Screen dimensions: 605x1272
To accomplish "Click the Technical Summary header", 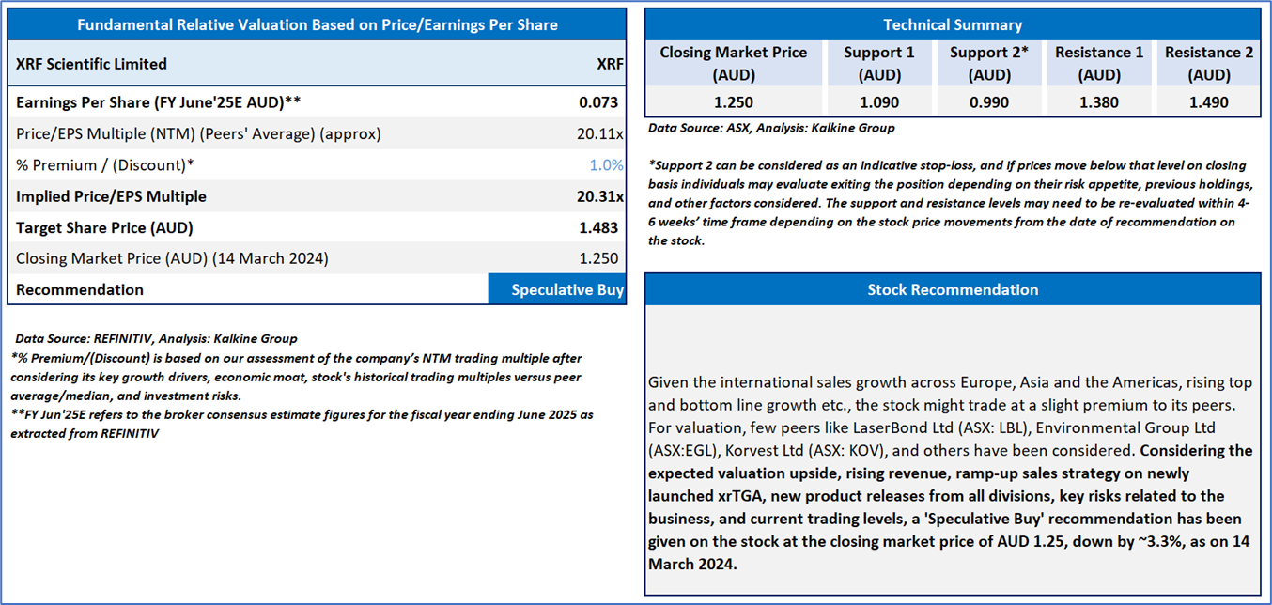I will click(x=953, y=24).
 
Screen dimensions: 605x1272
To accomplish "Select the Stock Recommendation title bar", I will click(x=953, y=289).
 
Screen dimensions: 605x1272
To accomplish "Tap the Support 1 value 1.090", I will click(x=879, y=102).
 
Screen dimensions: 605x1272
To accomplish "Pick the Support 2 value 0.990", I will click(x=989, y=102).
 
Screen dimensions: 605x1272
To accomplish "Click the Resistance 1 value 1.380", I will click(x=1099, y=102).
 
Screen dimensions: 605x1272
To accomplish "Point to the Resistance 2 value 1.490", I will click(x=1208, y=102).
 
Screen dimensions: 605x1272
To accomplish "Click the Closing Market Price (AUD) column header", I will click(x=733, y=63).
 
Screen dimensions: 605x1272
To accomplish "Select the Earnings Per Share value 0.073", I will click(x=601, y=101).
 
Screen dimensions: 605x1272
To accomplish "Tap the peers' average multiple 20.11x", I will click(x=600, y=133).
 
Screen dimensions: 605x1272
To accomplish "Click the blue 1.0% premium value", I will click(x=607, y=165).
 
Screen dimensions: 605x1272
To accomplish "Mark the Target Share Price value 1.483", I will click(x=601, y=227).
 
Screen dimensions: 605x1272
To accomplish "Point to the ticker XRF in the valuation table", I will click(x=609, y=64).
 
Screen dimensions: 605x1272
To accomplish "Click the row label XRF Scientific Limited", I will click(x=92, y=64).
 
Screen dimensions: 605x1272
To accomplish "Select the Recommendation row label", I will click(x=80, y=289).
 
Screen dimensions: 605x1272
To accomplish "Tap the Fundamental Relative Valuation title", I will click(x=317, y=24).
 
